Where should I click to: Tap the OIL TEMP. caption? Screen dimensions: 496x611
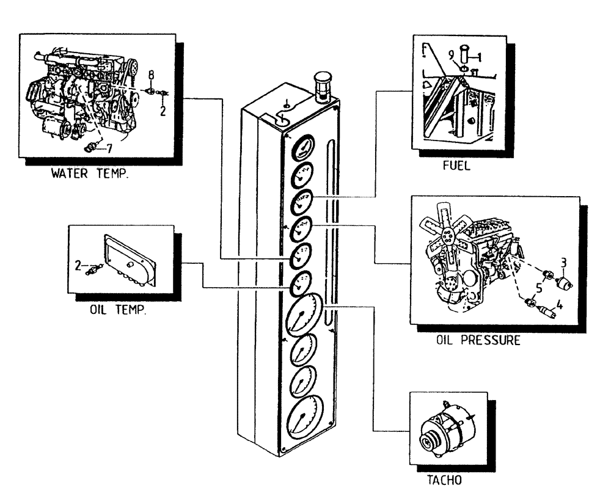117,310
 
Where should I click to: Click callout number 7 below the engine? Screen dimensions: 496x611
109,147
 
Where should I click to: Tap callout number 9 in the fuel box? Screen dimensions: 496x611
451,54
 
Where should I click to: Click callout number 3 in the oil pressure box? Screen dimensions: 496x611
564,263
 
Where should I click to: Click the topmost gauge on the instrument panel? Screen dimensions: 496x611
302,148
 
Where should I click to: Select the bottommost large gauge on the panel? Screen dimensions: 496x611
304,419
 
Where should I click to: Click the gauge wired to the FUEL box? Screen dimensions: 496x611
302,203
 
